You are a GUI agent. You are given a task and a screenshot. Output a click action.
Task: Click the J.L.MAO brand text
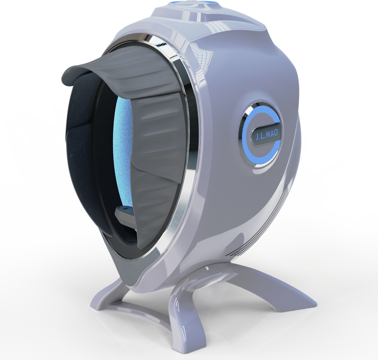point(266,136)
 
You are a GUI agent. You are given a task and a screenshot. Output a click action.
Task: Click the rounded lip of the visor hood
point(73,75)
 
